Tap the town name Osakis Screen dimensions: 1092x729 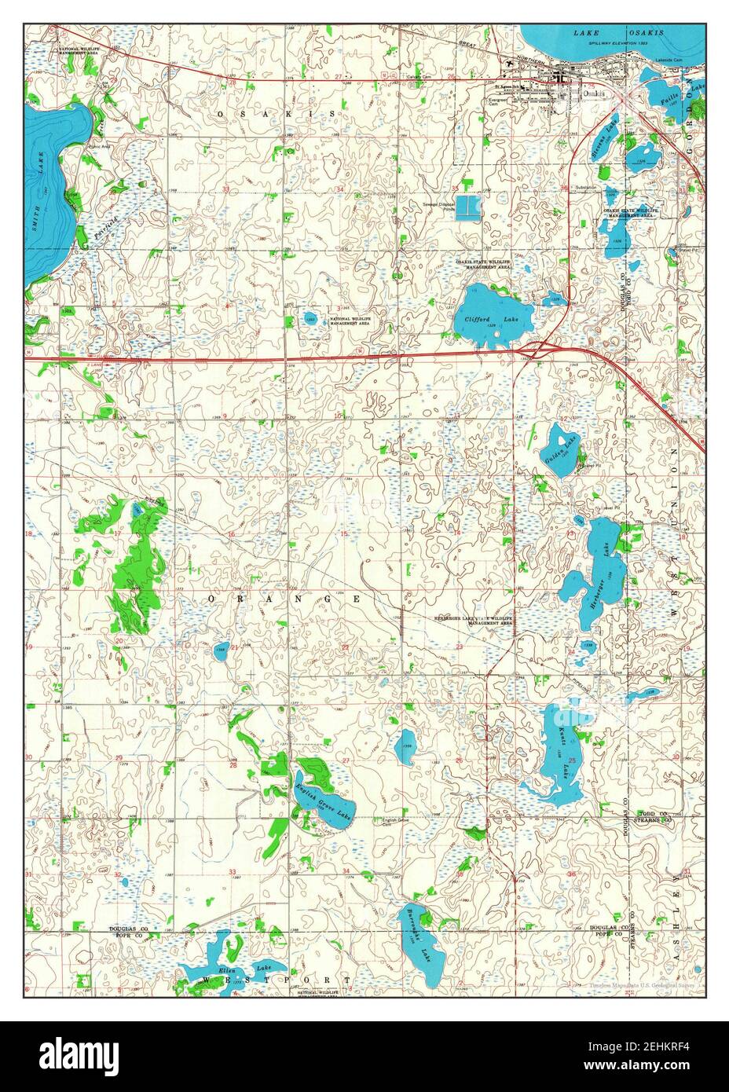pos(595,93)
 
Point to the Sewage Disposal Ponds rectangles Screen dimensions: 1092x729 pos(468,206)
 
